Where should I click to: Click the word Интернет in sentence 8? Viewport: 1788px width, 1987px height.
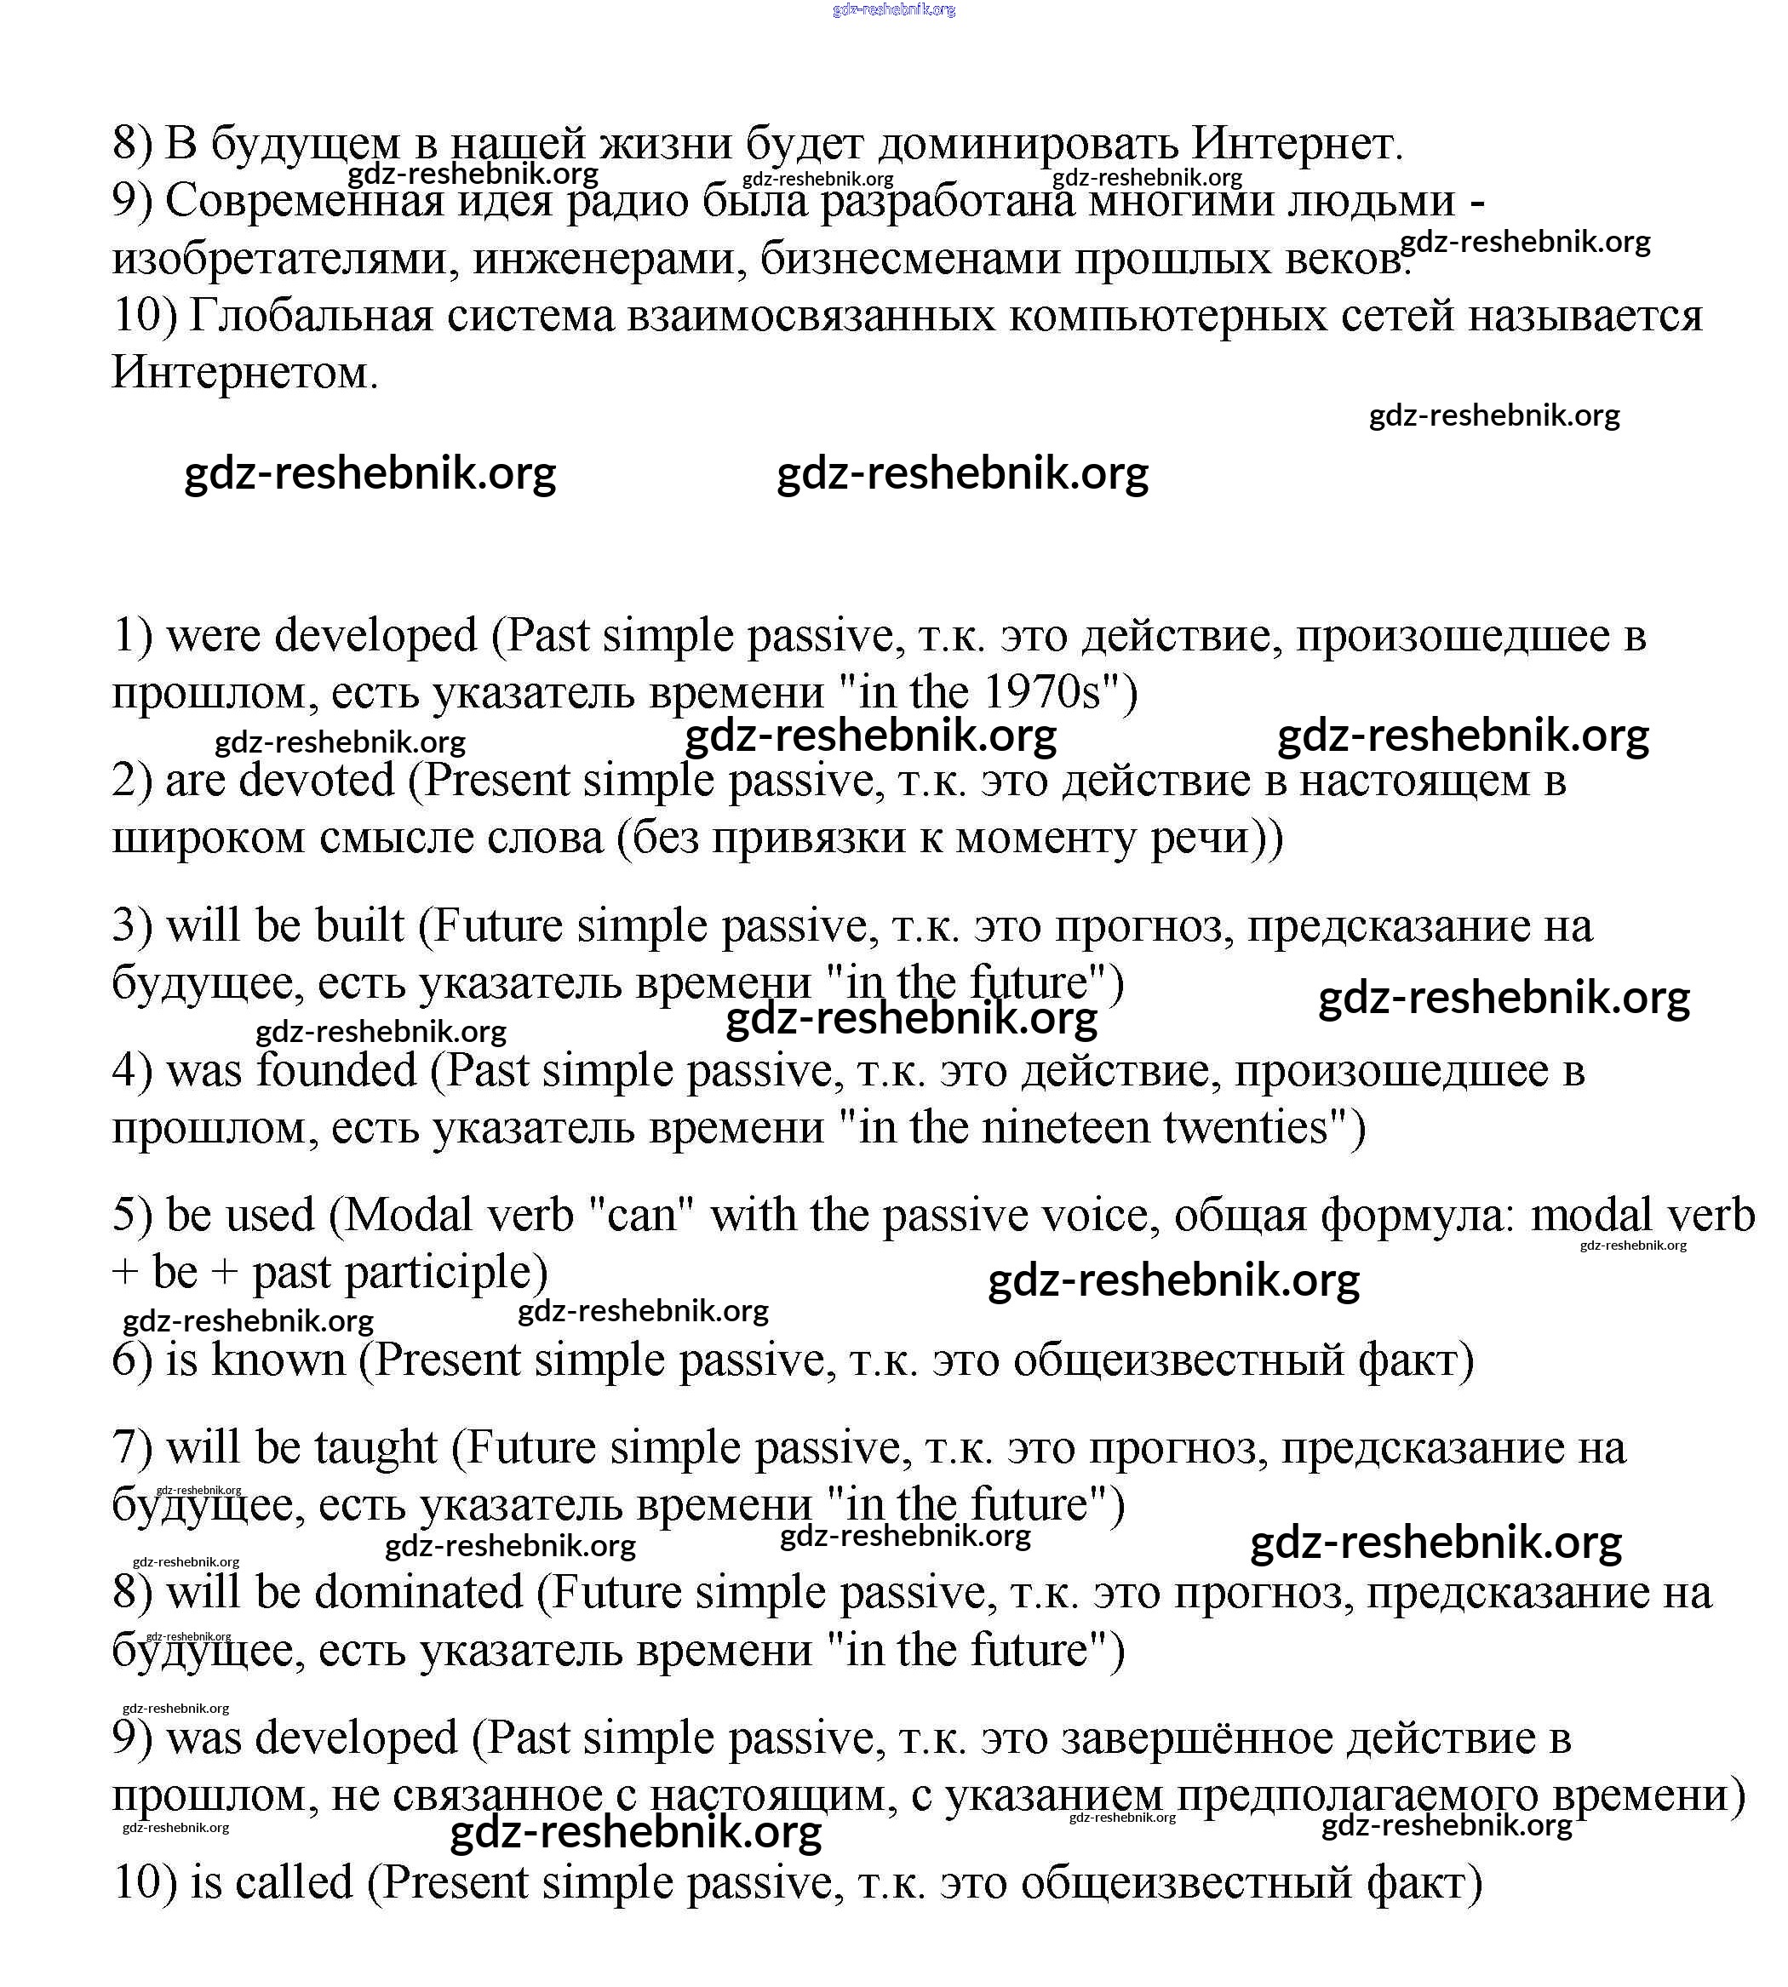click(1297, 145)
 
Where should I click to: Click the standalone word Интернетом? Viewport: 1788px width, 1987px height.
click(244, 373)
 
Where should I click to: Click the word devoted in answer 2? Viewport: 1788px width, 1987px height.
click(317, 781)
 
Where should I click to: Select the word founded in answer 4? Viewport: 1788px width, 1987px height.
click(336, 1071)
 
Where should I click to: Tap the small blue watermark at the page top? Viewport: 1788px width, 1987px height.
click(893, 10)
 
